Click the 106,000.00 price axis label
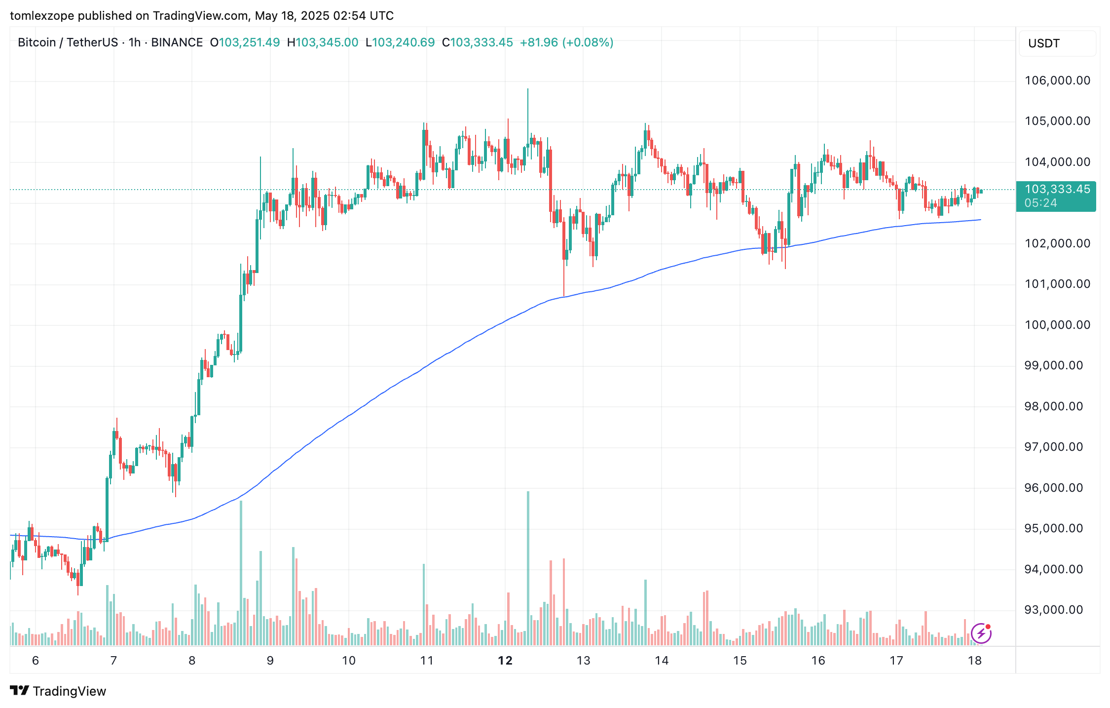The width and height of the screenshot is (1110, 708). (x=1057, y=80)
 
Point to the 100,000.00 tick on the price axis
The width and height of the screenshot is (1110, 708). (x=1057, y=325)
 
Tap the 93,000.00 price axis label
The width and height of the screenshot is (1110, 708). (x=1057, y=610)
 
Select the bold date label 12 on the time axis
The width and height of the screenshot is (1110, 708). (x=505, y=661)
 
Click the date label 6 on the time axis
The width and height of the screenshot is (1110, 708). (x=36, y=661)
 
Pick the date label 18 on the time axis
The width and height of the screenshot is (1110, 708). (x=974, y=661)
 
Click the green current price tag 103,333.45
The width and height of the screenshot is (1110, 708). (x=1057, y=189)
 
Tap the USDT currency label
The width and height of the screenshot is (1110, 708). (x=1044, y=43)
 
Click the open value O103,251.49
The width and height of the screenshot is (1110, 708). (x=245, y=42)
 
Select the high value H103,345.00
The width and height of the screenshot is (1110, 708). (x=323, y=42)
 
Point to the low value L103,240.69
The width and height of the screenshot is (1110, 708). (x=400, y=42)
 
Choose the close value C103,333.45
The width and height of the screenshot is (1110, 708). (x=478, y=42)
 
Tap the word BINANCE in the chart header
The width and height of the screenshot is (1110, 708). (x=177, y=42)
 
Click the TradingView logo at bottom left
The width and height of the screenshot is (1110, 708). (x=58, y=691)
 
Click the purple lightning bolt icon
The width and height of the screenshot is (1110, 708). (x=981, y=633)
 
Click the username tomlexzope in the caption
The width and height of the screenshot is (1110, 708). (x=42, y=16)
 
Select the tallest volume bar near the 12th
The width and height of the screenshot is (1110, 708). (x=528, y=568)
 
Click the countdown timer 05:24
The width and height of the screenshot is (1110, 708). (x=1040, y=203)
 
